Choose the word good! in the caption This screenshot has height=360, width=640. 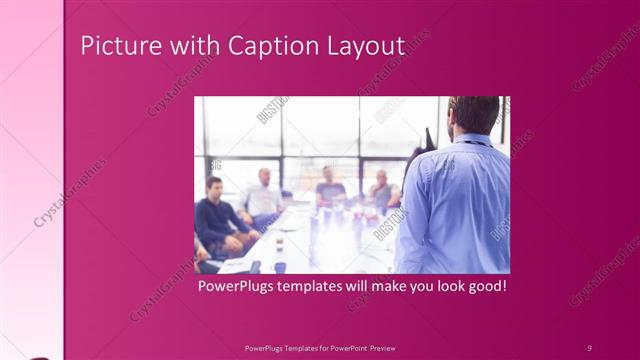coord(485,286)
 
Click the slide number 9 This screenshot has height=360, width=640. coord(589,346)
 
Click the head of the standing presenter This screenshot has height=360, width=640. coord(474,115)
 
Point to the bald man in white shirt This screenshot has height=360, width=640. coord(262,196)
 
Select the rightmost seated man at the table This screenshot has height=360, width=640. coord(381,192)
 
